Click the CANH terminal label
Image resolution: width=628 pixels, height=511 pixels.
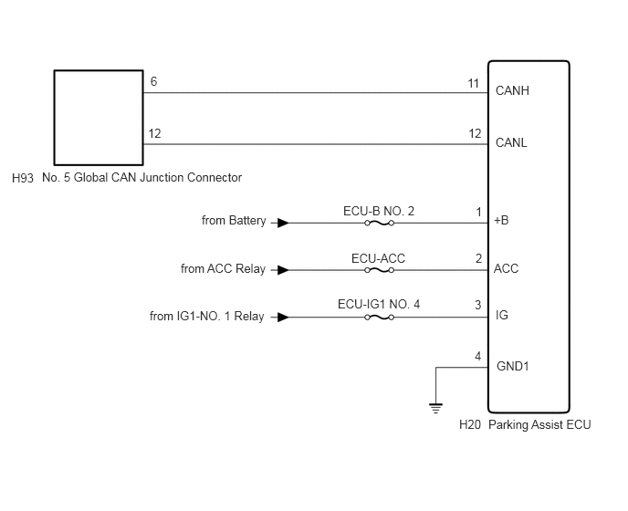click(512, 90)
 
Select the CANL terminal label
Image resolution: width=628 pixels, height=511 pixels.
click(511, 142)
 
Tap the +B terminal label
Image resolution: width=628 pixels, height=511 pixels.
click(501, 220)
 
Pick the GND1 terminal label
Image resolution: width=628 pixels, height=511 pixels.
click(513, 366)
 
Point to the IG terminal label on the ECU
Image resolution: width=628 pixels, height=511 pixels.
click(502, 315)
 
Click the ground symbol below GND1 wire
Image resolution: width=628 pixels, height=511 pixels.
click(435, 408)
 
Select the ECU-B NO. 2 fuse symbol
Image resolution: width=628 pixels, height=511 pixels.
click(380, 223)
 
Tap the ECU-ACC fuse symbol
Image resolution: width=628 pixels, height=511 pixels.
click(380, 270)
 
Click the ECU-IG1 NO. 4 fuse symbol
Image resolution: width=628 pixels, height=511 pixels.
click(380, 318)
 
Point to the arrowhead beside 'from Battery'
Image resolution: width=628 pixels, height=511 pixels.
click(283, 223)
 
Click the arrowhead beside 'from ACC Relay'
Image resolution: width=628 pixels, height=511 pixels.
click(283, 270)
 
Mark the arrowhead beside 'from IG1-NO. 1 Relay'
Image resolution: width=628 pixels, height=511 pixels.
click(283, 318)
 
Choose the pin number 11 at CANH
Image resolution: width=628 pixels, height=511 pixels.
click(474, 83)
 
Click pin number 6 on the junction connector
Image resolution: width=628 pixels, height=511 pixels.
click(153, 81)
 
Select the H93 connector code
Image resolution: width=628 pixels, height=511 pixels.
click(23, 178)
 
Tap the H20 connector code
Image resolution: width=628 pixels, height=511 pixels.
click(470, 424)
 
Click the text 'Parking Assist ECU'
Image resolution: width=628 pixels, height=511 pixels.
click(539, 424)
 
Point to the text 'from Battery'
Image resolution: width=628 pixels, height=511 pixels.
click(234, 221)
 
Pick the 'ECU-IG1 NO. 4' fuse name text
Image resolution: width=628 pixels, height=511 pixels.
click(379, 305)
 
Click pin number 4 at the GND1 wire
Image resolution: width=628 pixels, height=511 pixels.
click(477, 356)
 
